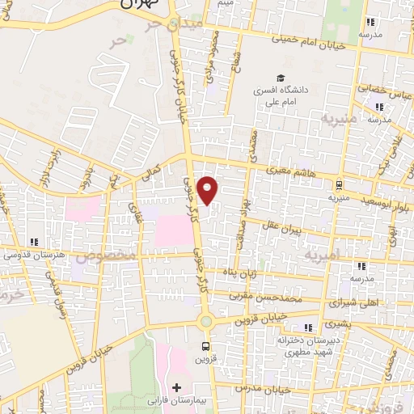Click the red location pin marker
click(x=209, y=190)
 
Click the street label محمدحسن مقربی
click(x=277, y=297)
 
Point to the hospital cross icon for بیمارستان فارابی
click(x=177, y=387)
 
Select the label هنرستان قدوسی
click(x=33, y=255)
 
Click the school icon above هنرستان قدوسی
click(x=33, y=241)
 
